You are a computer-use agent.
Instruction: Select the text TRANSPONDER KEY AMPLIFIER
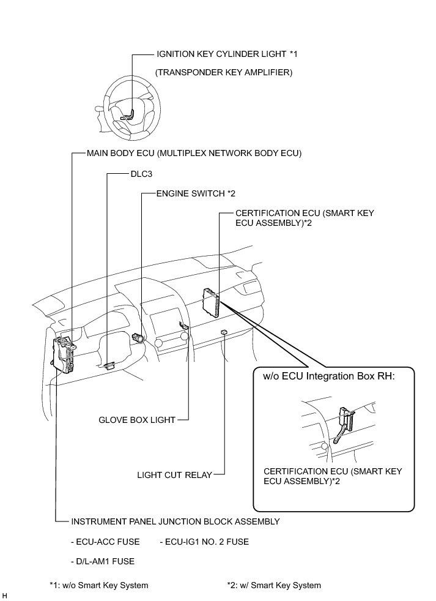point(224,73)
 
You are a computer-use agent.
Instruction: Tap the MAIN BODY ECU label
point(194,152)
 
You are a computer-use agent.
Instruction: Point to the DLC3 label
point(141,174)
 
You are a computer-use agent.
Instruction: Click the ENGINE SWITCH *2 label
point(196,194)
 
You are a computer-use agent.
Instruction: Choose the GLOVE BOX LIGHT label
point(137,420)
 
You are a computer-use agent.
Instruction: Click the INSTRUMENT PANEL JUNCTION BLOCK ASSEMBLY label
point(176,522)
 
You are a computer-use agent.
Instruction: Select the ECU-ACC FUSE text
point(105,542)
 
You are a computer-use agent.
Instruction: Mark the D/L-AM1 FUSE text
point(103,561)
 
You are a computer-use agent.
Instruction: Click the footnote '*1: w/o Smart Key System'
point(98,586)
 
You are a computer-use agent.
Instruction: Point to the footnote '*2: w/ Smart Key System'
point(273,586)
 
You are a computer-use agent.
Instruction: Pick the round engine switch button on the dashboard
point(139,336)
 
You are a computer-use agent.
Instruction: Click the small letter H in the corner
point(5,595)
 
